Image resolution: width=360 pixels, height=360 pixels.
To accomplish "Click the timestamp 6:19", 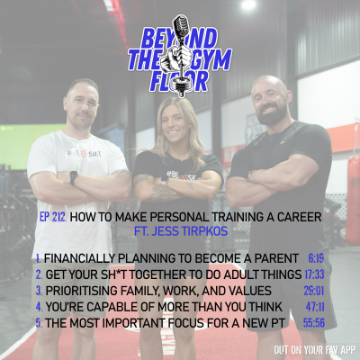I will (x=315, y=256).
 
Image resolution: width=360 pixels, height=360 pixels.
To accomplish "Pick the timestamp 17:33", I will (x=312, y=273).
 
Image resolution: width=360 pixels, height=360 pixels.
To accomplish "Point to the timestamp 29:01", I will (x=312, y=290).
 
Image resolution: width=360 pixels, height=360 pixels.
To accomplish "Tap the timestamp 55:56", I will (x=312, y=322).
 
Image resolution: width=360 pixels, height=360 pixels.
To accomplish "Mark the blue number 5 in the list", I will (x=38, y=322).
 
